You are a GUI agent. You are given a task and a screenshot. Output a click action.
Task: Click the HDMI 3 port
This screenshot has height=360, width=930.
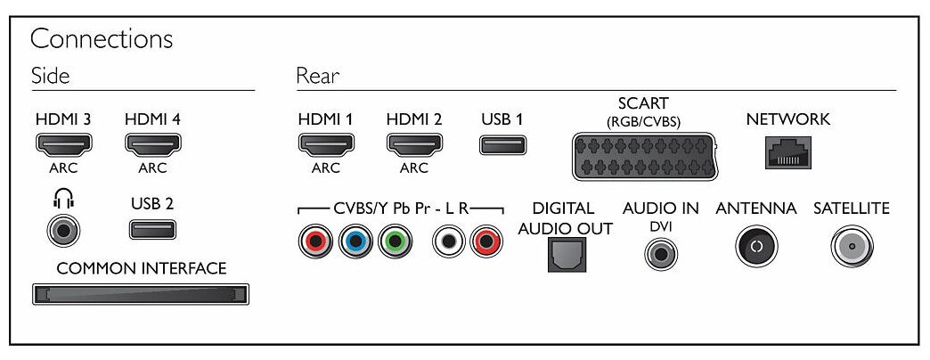[63, 143]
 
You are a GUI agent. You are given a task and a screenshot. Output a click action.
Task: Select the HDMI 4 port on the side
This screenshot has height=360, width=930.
[154, 143]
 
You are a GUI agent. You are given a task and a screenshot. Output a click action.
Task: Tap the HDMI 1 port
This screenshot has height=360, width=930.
[324, 143]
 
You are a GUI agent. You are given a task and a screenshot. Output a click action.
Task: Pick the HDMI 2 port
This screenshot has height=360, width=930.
[414, 143]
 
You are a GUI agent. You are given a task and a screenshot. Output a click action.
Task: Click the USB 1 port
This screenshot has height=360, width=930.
[502, 143]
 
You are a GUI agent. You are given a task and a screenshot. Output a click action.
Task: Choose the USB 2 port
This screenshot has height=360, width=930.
[152, 230]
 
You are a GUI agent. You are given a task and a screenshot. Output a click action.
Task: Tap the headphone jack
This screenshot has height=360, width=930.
[63, 232]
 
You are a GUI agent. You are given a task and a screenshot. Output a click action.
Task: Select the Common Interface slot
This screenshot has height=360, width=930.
[140, 294]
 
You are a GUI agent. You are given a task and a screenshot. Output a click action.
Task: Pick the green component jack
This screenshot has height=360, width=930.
[394, 241]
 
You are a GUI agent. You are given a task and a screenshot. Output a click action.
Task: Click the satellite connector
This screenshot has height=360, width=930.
[851, 248]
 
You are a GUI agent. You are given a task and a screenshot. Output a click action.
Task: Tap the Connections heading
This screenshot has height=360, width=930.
[102, 40]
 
